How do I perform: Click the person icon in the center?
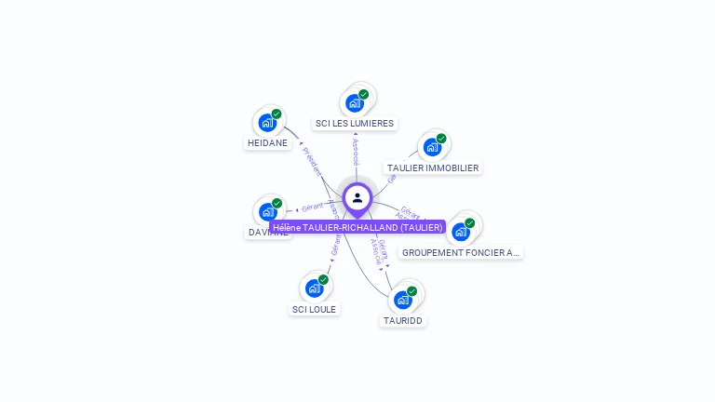click(357, 197)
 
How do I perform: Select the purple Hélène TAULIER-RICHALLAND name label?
click(357, 227)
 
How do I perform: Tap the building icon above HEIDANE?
click(267, 122)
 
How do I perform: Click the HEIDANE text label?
click(267, 143)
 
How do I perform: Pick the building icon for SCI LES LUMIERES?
click(354, 102)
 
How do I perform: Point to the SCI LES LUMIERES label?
click(355, 123)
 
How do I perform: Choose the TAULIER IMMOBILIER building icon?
click(432, 147)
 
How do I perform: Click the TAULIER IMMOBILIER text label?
click(433, 168)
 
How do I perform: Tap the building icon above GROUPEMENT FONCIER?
click(461, 231)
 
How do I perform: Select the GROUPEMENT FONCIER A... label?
click(461, 252)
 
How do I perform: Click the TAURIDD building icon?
click(403, 299)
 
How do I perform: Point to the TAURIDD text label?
click(403, 320)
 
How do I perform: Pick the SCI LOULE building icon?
click(315, 288)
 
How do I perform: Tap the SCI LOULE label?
click(315, 309)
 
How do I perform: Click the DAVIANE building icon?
click(268, 212)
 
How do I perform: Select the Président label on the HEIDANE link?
click(311, 161)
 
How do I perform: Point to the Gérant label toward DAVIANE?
click(312, 208)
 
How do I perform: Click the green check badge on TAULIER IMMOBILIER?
click(441, 139)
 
